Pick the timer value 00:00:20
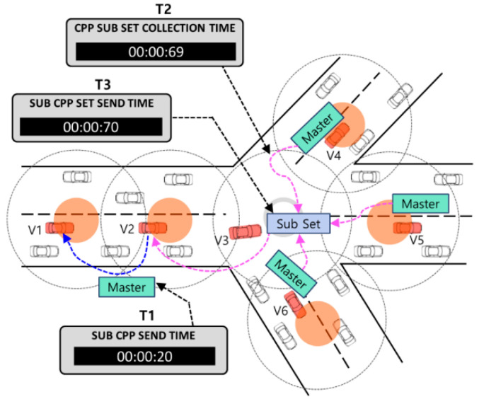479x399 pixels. tap(143, 357)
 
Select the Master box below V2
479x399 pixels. tap(127, 287)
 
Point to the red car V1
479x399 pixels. tap(59, 228)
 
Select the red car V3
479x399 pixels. tap(245, 231)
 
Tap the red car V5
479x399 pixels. tap(406, 228)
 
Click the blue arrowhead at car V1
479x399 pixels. tap(67, 238)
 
